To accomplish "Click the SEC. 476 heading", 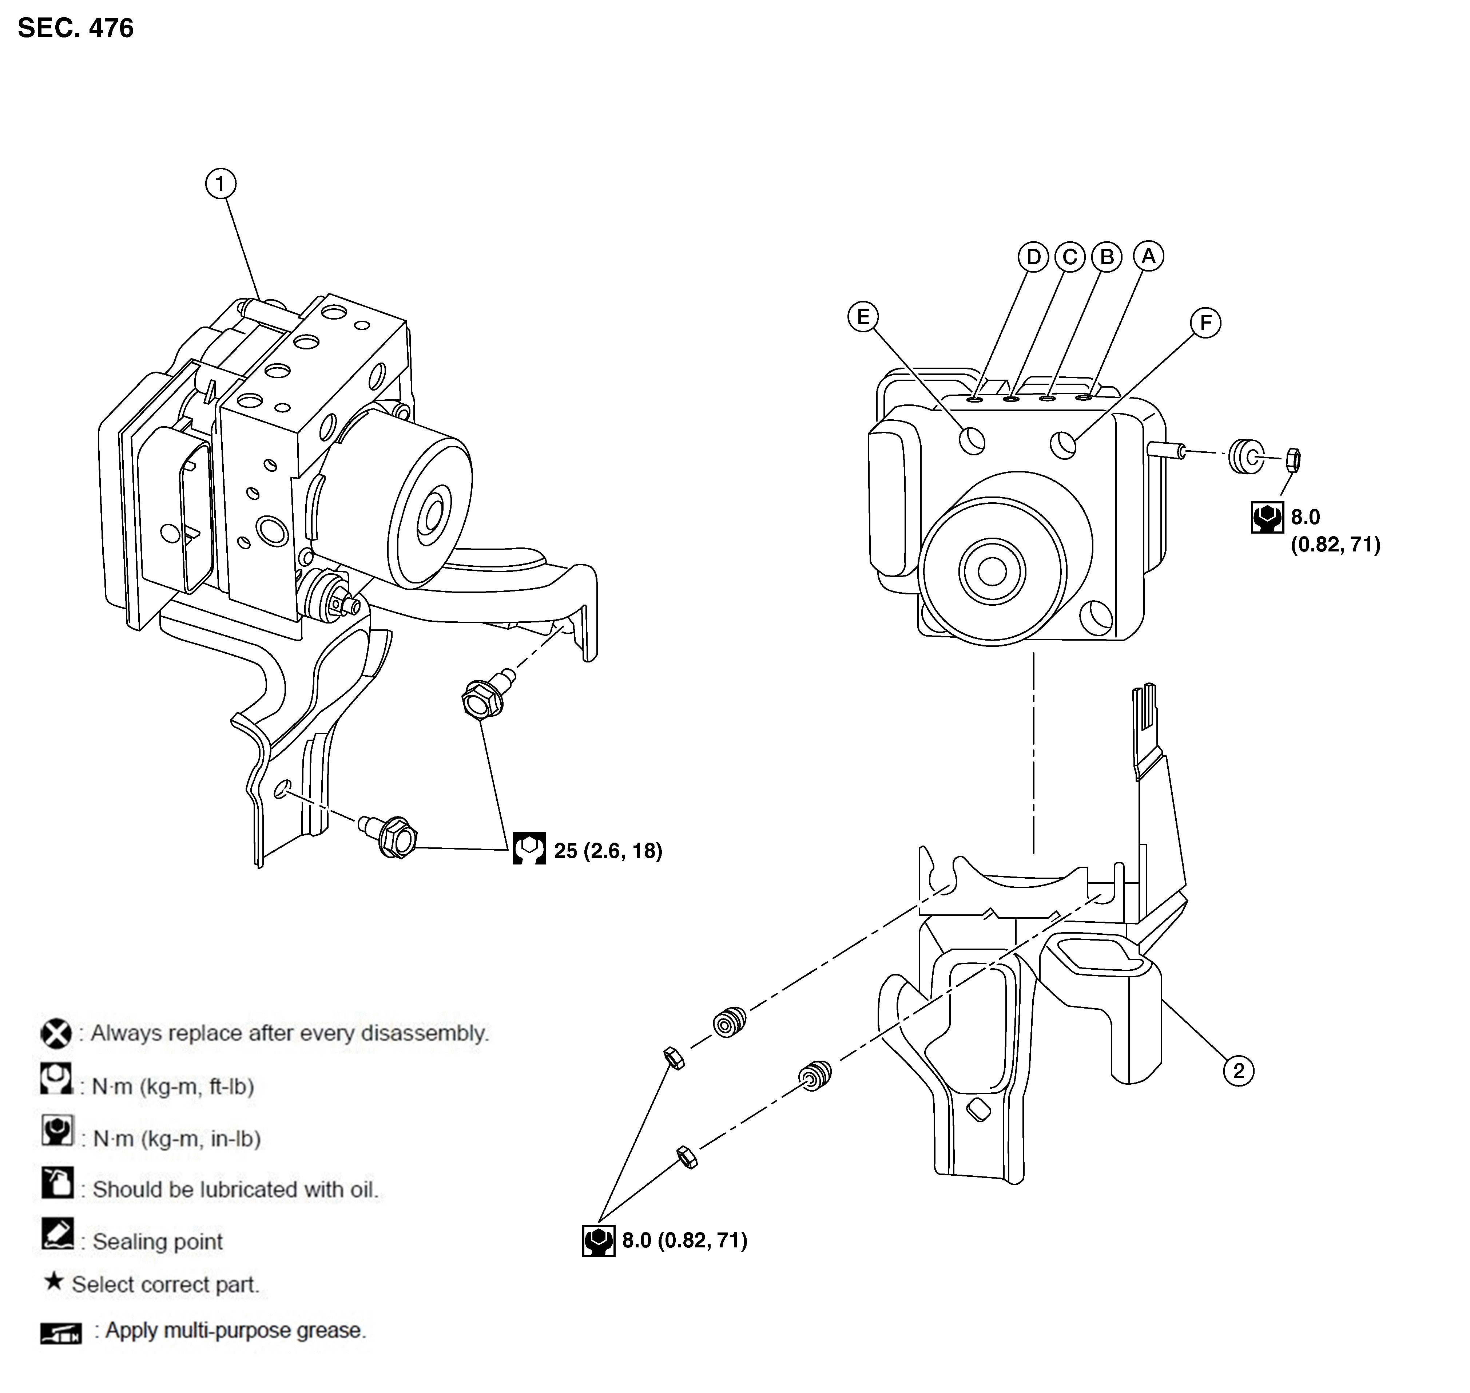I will point(76,28).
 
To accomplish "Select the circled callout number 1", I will point(220,183).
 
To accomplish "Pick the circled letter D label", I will point(1033,257).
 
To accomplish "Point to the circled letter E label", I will point(863,317).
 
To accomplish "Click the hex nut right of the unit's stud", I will point(1292,460).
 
